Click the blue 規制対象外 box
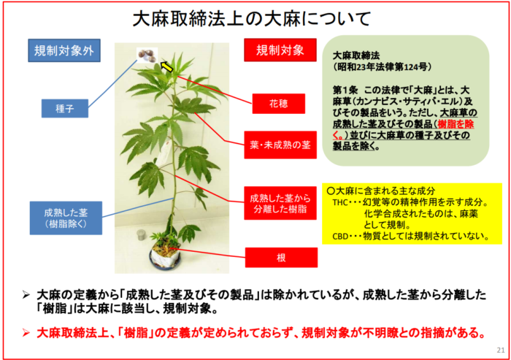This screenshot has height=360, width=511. (x=64, y=50)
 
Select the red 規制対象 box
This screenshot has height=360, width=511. (x=280, y=50)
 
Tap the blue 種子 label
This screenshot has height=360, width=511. (x=65, y=108)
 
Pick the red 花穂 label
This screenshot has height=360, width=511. (x=279, y=104)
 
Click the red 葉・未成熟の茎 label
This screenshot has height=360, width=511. (x=280, y=145)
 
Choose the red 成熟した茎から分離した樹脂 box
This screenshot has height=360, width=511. (x=280, y=203)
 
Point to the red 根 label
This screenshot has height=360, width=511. (x=281, y=258)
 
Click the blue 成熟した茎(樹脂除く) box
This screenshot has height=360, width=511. (x=66, y=218)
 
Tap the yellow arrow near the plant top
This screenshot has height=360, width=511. (x=166, y=66)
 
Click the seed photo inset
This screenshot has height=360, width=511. (x=147, y=55)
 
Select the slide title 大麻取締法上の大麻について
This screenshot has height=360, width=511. (x=252, y=18)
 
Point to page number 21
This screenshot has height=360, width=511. (x=501, y=351)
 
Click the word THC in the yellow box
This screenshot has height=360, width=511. (x=340, y=202)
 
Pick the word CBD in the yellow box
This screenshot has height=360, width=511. (x=340, y=236)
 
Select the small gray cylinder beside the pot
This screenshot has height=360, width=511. (x=141, y=235)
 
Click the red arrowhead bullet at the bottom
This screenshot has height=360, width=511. (x=26, y=332)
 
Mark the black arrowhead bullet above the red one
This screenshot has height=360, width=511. (x=26, y=295)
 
